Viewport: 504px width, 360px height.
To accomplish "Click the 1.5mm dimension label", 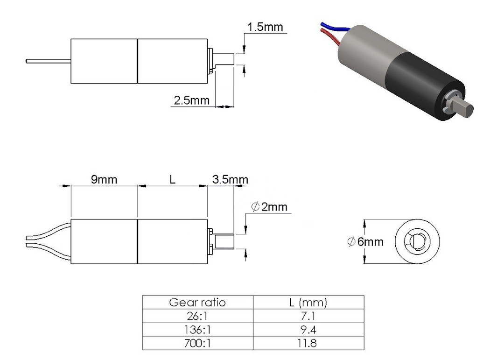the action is (265, 27).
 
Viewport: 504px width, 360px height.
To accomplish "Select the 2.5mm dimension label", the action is (192, 100).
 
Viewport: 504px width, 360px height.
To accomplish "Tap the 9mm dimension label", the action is (104, 179).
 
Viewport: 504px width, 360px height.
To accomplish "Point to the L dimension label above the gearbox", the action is (173, 179).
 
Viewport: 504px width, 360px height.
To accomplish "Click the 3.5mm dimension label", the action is (230, 179).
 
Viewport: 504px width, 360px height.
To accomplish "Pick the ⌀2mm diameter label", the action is (269, 207).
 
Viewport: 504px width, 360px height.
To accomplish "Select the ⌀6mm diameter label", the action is (365, 241).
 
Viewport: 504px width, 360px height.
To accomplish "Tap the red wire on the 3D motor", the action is (330, 36).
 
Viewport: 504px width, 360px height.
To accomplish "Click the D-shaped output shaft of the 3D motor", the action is (462, 109).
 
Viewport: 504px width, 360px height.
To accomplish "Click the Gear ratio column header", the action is (197, 303).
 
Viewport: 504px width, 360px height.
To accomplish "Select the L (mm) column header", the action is (308, 303).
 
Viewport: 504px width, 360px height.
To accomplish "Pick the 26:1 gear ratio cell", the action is (197, 316).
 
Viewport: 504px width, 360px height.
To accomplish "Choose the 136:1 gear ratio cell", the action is (197, 330).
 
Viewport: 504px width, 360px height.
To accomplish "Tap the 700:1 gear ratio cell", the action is (197, 343).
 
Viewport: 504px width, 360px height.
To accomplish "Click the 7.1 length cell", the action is (308, 316).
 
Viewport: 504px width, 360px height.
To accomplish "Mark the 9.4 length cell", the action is (308, 330).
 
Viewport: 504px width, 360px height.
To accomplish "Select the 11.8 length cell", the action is (307, 343).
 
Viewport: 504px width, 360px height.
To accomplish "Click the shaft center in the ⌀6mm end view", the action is (417, 241).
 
